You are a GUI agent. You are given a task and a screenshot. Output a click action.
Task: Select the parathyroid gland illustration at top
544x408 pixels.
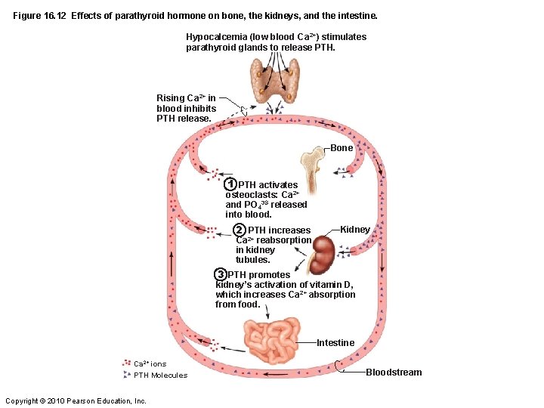pyautogui.click(x=275, y=79)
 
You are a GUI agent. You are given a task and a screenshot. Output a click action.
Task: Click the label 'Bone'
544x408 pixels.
pyautogui.click(x=342, y=148)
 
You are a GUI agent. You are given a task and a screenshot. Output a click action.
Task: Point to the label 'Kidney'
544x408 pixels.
pyautogui.click(x=355, y=229)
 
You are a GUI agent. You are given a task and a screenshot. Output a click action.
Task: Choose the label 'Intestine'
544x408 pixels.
pyautogui.click(x=335, y=343)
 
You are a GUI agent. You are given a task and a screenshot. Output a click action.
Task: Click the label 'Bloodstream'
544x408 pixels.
pyautogui.click(x=394, y=372)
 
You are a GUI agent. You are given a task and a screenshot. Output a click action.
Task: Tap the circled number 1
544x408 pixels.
pyautogui.click(x=231, y=184)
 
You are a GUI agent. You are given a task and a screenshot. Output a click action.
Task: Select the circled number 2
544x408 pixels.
pyautogui.click(x=239, y=230)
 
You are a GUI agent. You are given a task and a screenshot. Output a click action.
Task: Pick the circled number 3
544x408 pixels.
pyautogui.click(x=220, y=274)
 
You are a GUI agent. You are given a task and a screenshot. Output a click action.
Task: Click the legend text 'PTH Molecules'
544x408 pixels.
pyautogui.click(x=160, y=376)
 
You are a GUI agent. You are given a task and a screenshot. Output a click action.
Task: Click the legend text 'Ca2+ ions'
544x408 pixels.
pyautogui.click(x=150, y=364)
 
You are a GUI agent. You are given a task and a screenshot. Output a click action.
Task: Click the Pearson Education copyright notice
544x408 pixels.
pyautogui.click(x=76, y=400)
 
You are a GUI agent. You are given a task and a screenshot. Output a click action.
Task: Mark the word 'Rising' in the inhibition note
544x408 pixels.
pyautogui.click(x=170, y=98)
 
